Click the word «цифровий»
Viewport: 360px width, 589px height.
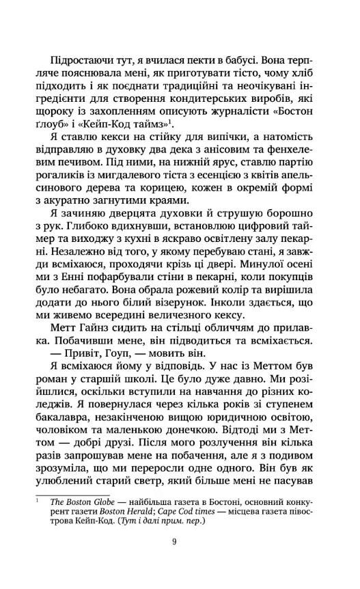coord(273,235)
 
